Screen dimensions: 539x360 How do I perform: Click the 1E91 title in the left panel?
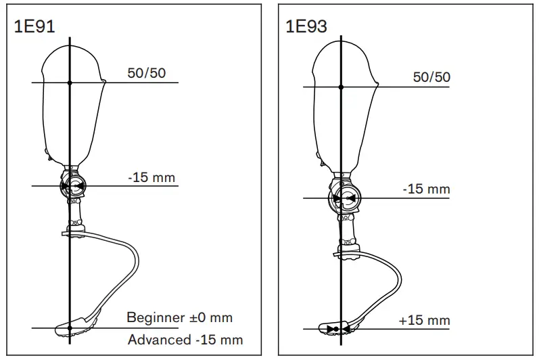(34, 26)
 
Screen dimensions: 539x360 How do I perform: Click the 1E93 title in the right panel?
(306, 26)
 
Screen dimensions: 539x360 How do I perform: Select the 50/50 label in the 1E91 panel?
(147, 73)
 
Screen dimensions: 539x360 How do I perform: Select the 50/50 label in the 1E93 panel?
(431, 77)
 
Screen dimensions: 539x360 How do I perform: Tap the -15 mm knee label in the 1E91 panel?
(151, 177)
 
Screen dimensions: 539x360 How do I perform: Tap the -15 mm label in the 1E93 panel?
(426, 189)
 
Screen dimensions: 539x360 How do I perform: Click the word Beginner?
(156, 317)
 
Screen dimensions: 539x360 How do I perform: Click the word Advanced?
(160, 340)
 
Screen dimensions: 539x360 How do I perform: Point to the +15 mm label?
(424, 321)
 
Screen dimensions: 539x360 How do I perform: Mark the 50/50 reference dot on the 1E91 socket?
(70, 83)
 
